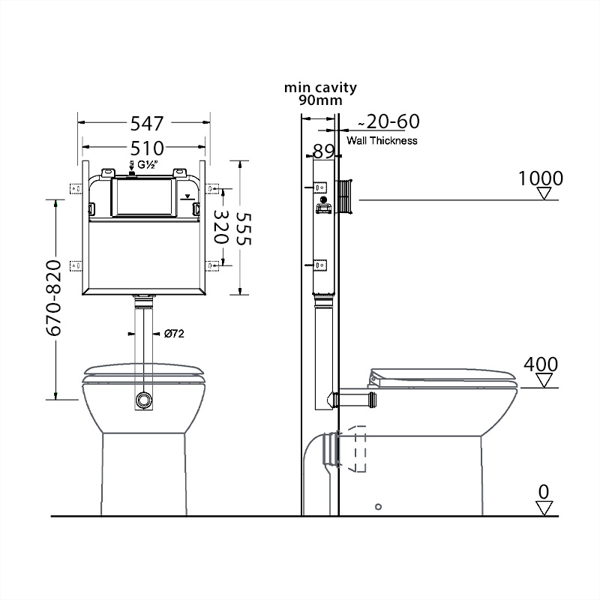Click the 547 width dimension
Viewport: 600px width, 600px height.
(x=147, y=123)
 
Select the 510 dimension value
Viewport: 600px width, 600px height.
(x=147, y=148)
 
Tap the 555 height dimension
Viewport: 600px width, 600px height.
(x=243, y=229)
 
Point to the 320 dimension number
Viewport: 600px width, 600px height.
(x=221, y=227)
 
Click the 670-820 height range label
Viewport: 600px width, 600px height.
(x=53, y=298)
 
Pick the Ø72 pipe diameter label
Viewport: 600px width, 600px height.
(x=174, y=334)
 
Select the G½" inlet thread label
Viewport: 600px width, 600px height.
(x=148, y=165)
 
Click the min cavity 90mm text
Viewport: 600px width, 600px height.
(x=320, y=94)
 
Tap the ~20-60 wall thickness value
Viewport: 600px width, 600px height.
(x=388, y=121)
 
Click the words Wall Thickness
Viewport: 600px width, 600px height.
(x=382, y=141)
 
